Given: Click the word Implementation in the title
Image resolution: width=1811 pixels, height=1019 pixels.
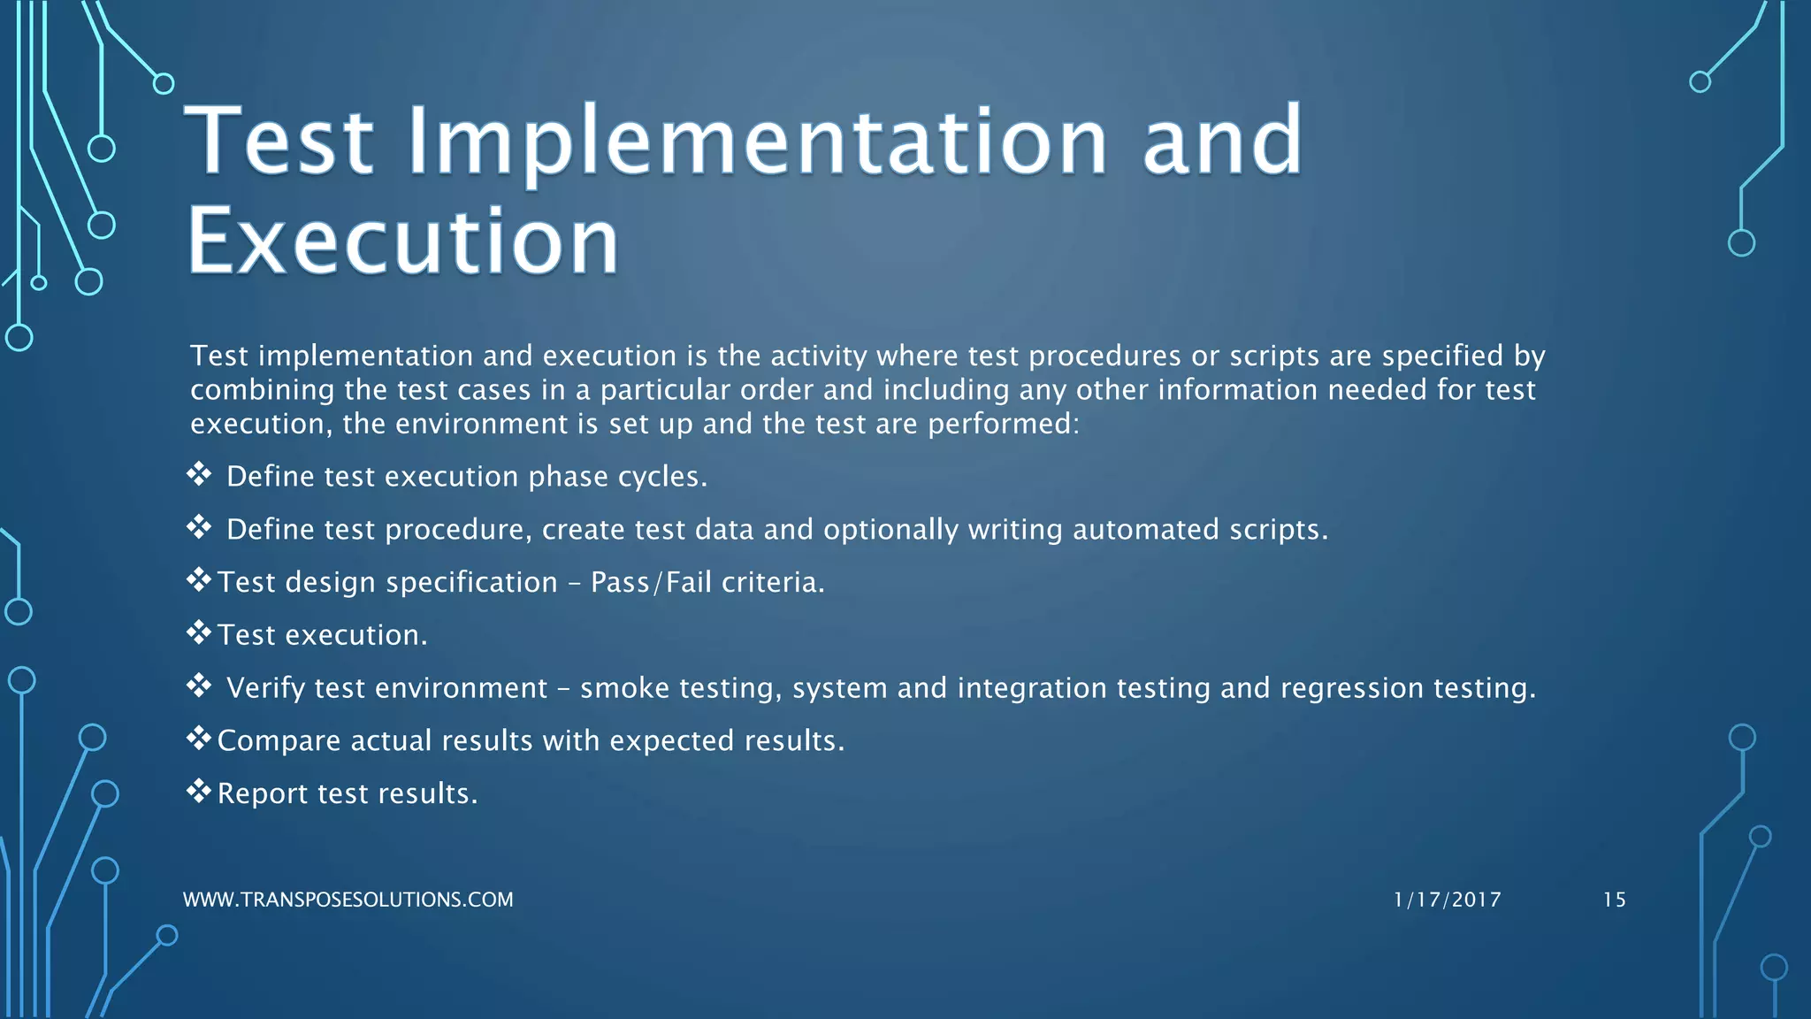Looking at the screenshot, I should click(756, 142).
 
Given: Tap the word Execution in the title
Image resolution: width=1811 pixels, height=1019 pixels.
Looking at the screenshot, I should click(403, 241).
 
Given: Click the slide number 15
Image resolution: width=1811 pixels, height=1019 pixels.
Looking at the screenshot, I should click(1614, 900).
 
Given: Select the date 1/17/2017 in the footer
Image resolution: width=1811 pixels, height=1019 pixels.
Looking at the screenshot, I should click(1447, 900).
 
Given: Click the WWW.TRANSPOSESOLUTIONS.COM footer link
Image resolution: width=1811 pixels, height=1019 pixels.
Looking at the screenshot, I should click(348, 900).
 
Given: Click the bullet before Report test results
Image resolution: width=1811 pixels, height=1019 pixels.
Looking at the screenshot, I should click(198, 791).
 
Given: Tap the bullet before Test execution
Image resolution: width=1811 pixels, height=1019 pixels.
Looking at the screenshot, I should click(198, 632).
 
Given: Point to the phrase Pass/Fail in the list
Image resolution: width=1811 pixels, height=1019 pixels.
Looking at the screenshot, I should click(651, 582).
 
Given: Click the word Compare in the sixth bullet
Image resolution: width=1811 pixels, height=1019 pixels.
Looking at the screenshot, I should click(279, 741).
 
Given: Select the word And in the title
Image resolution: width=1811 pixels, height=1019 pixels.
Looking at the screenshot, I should click(1222, 142).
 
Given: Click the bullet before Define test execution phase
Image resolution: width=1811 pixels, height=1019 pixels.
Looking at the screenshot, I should click(198, 474).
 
